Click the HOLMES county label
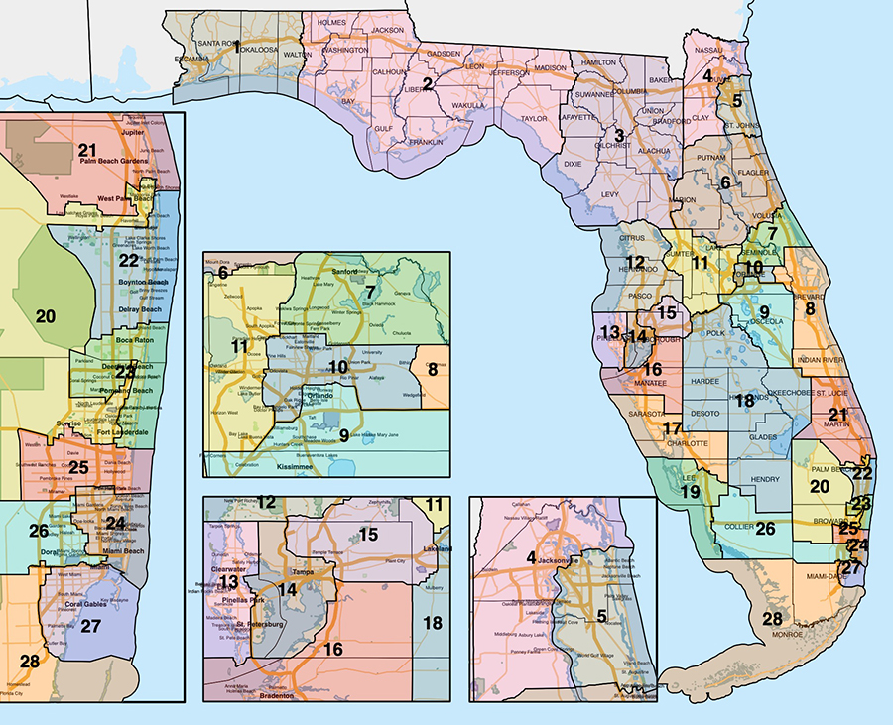[x=334, y=21]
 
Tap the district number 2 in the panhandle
[x=427, y=83]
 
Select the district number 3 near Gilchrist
[x=618, y=136]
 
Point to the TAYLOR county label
[x=534, y=118]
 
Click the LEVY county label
[x=610, y=195]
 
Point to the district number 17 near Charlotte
[x=672, y=429]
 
